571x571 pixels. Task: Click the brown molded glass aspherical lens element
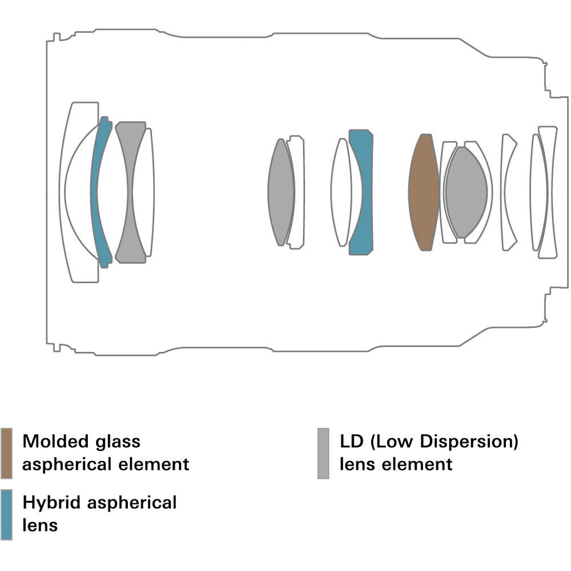(x=424, y=192)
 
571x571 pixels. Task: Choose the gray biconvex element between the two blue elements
(x=281, y=192)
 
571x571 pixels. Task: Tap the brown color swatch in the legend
(x=6, y=453)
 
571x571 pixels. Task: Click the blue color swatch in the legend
(x=6, y=514)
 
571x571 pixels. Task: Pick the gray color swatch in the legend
(x=323, y=453)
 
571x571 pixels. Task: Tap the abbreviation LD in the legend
(x=352, y=441)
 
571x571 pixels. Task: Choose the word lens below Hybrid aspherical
(x=39, y=525)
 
